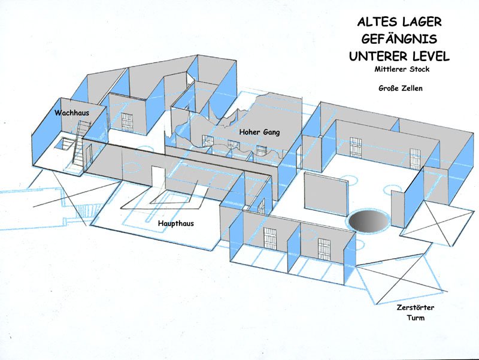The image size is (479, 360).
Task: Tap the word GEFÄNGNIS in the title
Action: click(x=399, y=39)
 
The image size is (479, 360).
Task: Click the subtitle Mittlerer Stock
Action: click(x=402, y=69)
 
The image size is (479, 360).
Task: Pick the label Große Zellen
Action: click(x=401, y=88)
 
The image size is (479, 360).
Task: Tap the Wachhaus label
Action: click(x=72, y=113)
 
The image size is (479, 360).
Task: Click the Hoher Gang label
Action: click(x=259, y=132)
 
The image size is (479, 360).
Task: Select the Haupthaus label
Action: click(x=175, y=223)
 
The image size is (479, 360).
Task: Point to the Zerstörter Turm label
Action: click(x=416, y=312)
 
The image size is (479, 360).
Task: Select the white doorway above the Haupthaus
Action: click(x=158, y=176)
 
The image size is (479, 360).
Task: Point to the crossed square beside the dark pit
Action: click(x=439, y=223)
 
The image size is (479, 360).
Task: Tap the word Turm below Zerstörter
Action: click(x=416, y=318)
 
